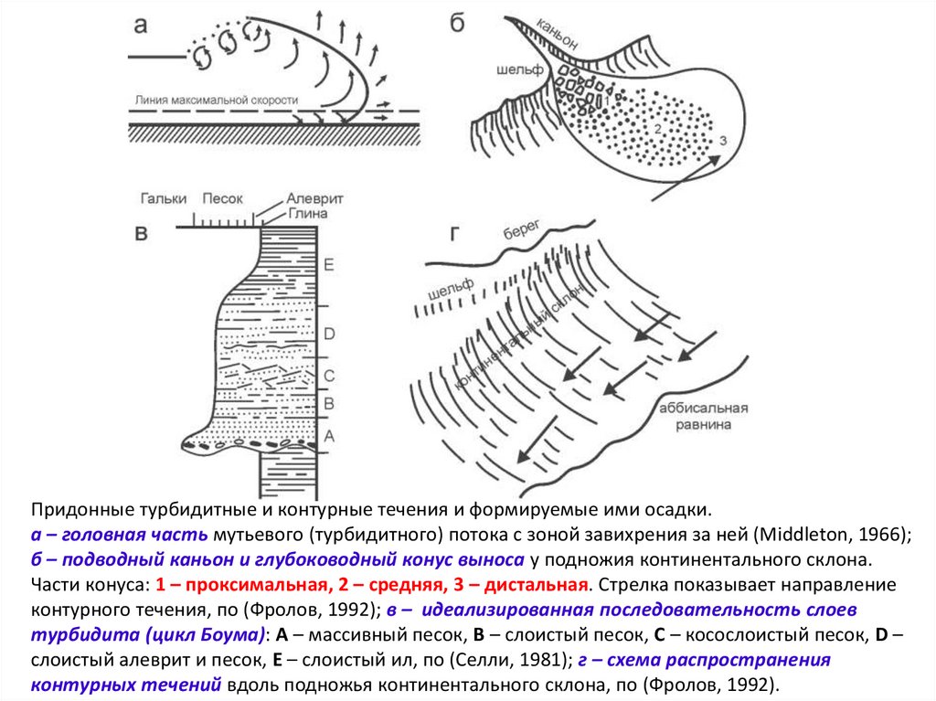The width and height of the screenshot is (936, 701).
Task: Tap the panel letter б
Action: pos(459,22)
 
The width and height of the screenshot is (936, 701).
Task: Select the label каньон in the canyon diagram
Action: pos(558,33)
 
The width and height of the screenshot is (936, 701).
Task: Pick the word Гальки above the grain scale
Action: pos(165,197)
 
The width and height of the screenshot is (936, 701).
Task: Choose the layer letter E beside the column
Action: pos(330,265)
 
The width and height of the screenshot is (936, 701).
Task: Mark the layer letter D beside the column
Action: pos(331,332)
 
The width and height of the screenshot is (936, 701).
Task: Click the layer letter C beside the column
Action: pos(331,375)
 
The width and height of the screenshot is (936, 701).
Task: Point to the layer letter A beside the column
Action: pos(331,437)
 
